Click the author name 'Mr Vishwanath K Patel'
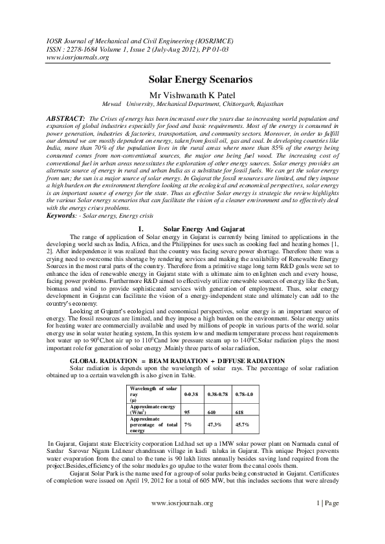click(192, 94)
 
